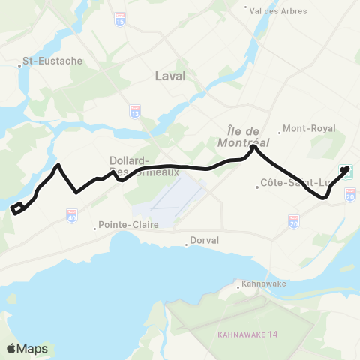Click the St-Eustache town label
(52, 61)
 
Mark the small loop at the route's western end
(17, 208)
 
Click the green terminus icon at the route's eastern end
(349, 174)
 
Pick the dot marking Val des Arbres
(247, 9)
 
